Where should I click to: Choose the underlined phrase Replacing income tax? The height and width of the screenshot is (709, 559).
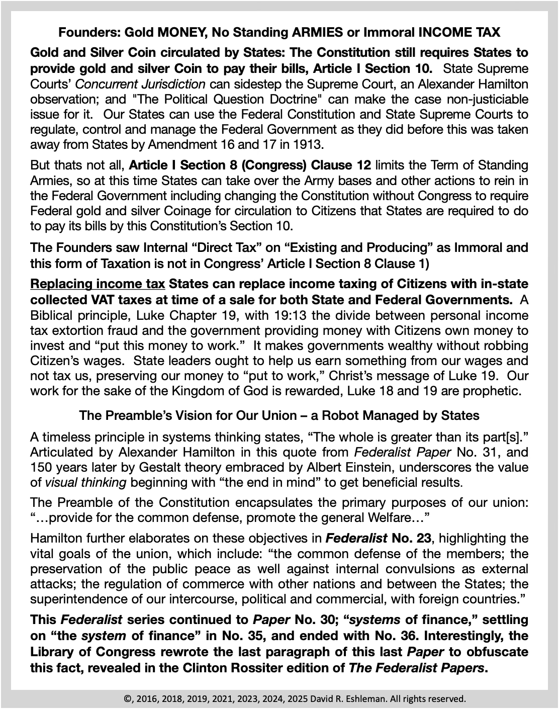click(x=98, y=284)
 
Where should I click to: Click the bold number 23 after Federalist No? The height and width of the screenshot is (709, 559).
click(x=421, y=539)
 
